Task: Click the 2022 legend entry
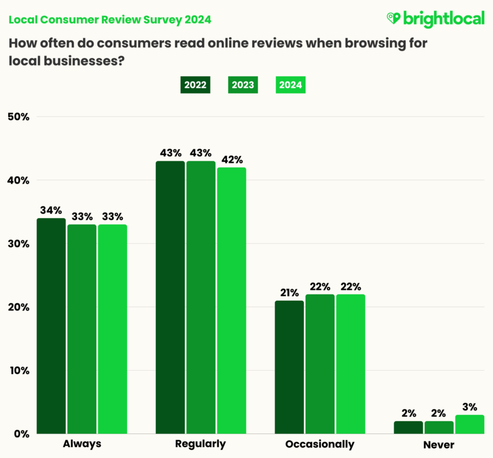click(x=195, y=85)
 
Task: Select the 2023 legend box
click(x=243, y=85)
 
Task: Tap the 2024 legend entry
click(x=290, y=85)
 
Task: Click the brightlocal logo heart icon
click(x=394, y=18)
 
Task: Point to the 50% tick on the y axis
click(x=18, y=117)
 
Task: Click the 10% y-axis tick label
click(x=18, y=370)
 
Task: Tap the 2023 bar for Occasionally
click(x=320, y=364)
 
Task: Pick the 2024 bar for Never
click(x=469, y=424)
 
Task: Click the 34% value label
click(x=50, y=209)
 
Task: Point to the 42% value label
click(x=232, y=159)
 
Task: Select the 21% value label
click(x=289, y=292)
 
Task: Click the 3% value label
click(x=469, y=407)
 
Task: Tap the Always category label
click(x=81, y=444)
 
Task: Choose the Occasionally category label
click(x=320, y=444)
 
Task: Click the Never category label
click(x=439, y=444)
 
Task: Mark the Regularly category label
click(x=201, y=444)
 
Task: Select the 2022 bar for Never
click(x=409, y=427)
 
